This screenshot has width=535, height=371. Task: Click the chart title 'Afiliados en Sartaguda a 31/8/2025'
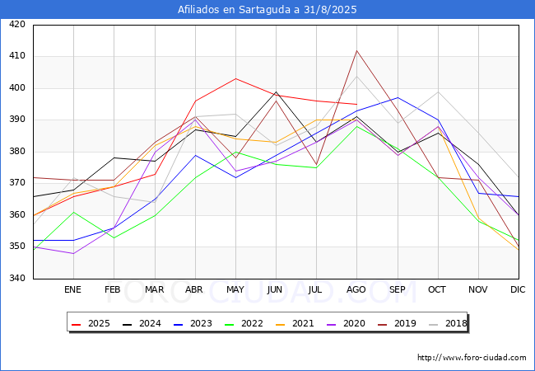267,10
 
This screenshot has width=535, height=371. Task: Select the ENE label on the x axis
73,290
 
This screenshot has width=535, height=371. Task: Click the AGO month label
356,290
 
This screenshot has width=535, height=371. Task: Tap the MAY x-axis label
235,290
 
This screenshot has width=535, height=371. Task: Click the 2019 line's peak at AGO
356,50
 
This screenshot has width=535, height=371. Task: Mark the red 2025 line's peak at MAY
235,79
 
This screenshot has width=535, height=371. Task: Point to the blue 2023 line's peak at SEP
398,98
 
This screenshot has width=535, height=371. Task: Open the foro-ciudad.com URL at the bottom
472,358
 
